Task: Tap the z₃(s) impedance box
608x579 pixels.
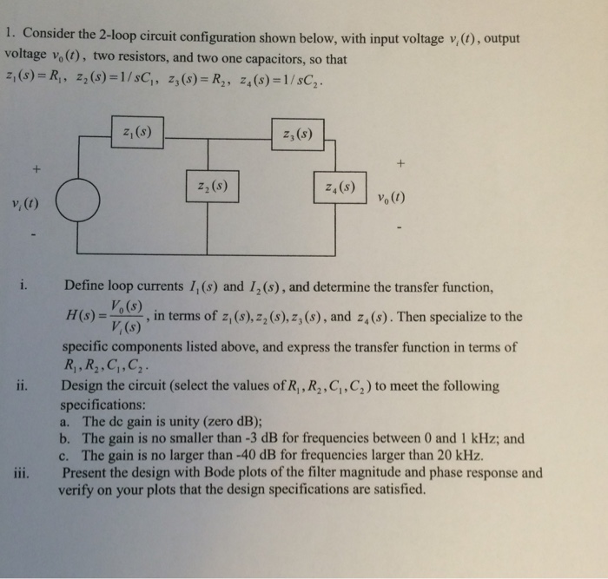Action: tap(296, 134)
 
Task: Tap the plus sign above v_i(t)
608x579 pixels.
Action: tap(35, 167)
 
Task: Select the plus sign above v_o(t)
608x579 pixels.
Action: tap(399, 162)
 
